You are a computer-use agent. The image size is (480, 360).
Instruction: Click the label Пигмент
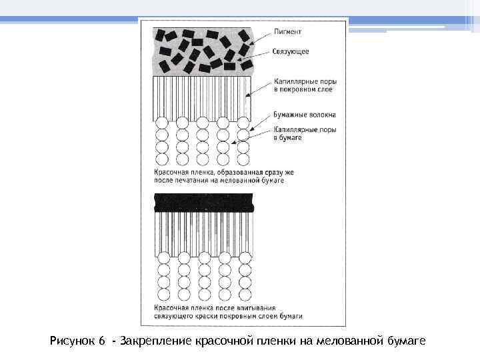(288, 31)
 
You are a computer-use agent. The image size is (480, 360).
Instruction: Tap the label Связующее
(291, 51)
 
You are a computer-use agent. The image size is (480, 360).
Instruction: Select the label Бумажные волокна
(305, 115)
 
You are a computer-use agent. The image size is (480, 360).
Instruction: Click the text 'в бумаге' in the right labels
(288, 137)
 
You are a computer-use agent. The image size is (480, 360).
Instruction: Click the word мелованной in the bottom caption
(347, 341)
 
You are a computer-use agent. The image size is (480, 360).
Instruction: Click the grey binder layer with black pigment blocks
(203, 51)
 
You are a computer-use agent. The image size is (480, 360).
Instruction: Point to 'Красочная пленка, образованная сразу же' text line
(219, 172)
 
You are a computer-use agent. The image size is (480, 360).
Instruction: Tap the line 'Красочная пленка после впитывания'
(213, 307)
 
